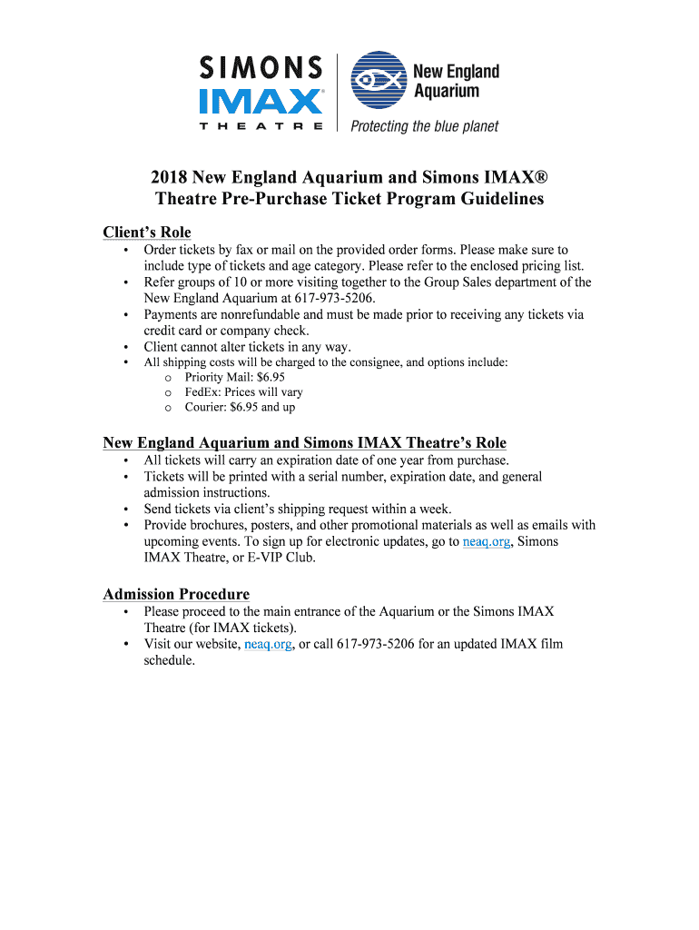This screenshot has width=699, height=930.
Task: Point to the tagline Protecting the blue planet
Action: click(x=425, y=126)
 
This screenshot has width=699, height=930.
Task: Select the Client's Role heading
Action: click(x=147, y=232)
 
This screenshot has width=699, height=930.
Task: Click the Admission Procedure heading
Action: click(x=176, y=594)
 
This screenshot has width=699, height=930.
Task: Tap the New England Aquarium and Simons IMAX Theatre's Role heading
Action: click(x=304, y=443)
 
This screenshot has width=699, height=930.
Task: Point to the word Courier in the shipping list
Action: click(x=205, y=408)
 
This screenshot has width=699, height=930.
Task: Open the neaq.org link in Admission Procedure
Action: click(x=268, y=645)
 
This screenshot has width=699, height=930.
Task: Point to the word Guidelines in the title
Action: click(x=493, y=199)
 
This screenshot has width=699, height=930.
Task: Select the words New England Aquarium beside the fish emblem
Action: click(x=457, y=81)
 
